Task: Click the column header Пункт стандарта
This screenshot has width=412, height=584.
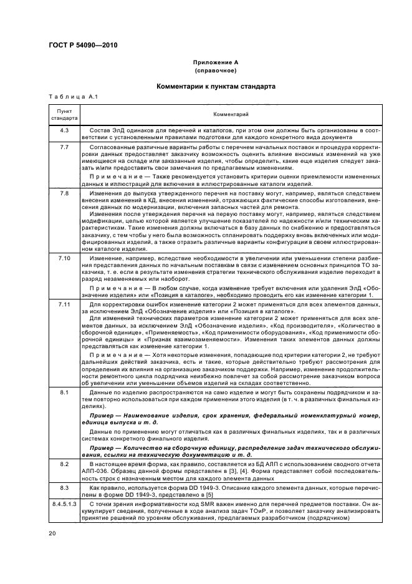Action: [x=64, y=114]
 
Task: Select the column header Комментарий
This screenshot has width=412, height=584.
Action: [x=231, y=114]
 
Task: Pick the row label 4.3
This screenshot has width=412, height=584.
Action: [x=64, y=130]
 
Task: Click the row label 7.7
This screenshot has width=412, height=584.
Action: [x=64, y=145]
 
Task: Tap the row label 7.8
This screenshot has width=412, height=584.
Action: [x=64, y=194]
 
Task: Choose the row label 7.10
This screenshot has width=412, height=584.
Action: [x=64, y=257]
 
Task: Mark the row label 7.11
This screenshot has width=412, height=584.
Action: [x=64, y=303]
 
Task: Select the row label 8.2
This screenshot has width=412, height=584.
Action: [x=64, y=465]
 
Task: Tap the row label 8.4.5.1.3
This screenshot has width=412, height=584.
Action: [x=64, y=503]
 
